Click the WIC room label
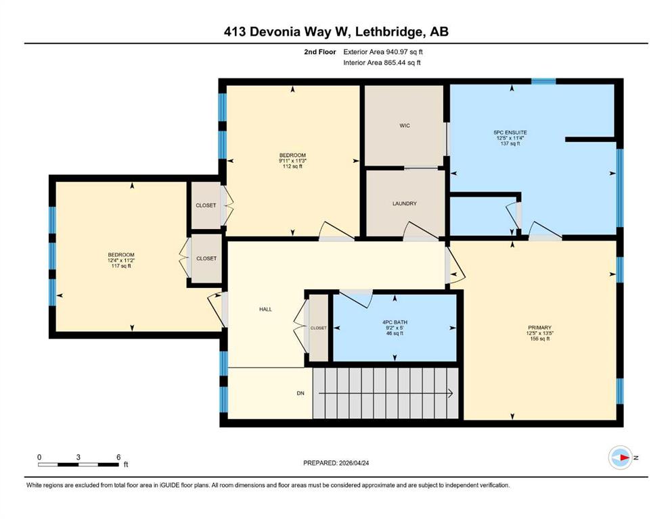405,126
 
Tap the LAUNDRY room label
405,203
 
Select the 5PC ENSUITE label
510,132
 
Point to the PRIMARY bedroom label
539,328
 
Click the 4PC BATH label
395,322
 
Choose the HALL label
266,310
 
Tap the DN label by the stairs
300,393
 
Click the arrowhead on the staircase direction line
451,393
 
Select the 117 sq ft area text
121,266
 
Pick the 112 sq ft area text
293,166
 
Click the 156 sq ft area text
539,339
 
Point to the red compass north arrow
625,458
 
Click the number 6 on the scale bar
118,457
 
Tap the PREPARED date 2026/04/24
353,463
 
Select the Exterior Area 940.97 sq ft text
383,52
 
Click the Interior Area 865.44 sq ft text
382,62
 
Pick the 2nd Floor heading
319,52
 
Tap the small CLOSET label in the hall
319,328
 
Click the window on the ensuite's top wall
543,81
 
